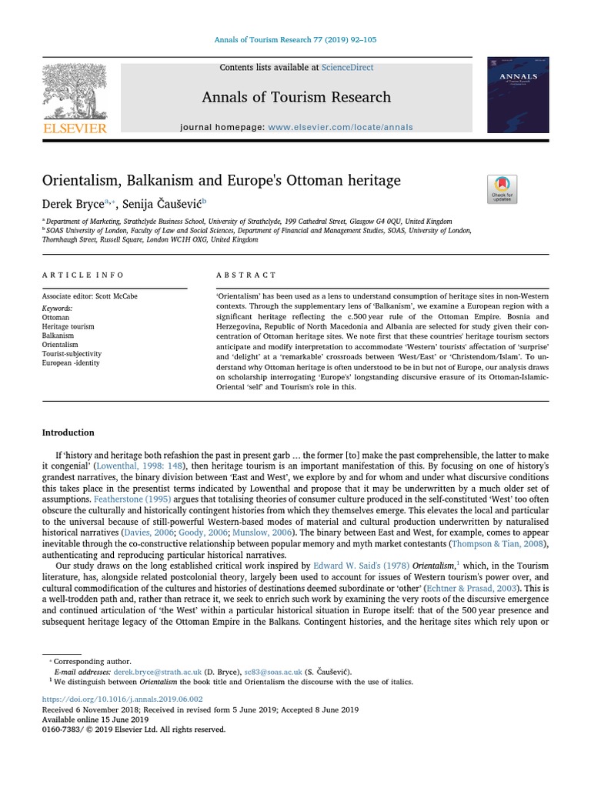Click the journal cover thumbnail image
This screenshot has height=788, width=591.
(518, 94)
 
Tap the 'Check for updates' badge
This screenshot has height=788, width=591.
(502, 189)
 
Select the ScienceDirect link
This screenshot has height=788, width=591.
(348, 68)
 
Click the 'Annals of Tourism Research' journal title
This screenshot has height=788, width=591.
(296, 97)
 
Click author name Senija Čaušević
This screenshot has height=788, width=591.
(161, 204)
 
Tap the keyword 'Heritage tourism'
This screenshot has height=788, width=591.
(68, 326)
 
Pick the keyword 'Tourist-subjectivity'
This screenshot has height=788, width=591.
(72, 354)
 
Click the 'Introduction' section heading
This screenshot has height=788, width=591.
(68, 432)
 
